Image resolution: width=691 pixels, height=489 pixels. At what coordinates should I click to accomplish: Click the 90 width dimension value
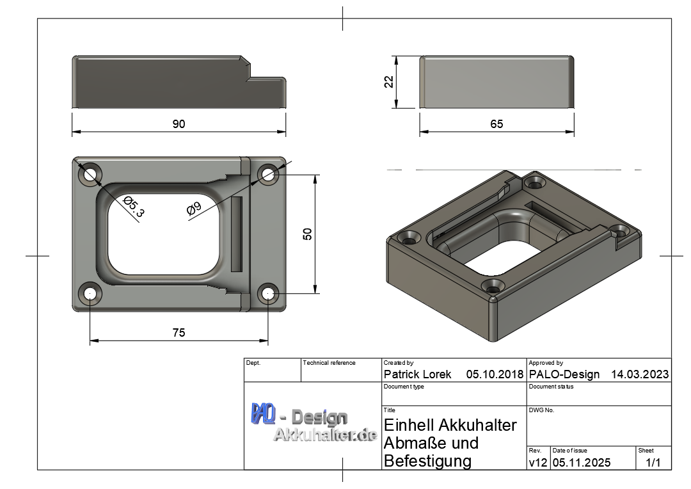pos(179,124)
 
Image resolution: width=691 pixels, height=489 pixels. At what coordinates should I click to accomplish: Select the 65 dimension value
pos(496,124)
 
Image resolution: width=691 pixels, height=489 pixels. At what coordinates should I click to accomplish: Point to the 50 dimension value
pos(308,234)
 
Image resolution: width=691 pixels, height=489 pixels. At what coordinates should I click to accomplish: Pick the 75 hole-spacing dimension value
pos(179,333)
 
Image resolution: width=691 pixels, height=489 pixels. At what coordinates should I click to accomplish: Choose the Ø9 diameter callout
pos(194,209)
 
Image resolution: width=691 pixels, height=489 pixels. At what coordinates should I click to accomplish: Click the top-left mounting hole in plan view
pos(90,173)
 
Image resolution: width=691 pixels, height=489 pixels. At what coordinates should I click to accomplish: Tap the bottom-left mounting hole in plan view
pos(90,294)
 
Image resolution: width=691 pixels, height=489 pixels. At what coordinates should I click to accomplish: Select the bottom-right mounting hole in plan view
pos(268,294)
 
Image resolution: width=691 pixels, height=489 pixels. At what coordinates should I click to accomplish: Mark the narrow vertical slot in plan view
pos(237,234)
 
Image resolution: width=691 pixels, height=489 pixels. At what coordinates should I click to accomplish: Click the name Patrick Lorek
pos(417,374)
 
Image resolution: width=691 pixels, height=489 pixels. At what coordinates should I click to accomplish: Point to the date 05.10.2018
pos(495,374)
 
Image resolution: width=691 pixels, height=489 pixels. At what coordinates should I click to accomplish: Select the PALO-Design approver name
pos(564,374)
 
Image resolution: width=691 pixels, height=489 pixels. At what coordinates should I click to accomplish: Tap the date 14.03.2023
pos(640,374)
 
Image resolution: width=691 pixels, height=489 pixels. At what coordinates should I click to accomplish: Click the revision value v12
pos(537,462)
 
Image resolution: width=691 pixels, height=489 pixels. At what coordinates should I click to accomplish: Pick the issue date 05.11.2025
pos(582,462)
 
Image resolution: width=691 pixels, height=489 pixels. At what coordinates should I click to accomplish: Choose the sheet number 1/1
pos(653,462)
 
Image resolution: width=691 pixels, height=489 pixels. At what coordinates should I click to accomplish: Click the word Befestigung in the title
pos(427,461)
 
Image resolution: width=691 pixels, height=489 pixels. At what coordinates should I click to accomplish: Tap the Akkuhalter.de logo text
pos(324,435)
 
